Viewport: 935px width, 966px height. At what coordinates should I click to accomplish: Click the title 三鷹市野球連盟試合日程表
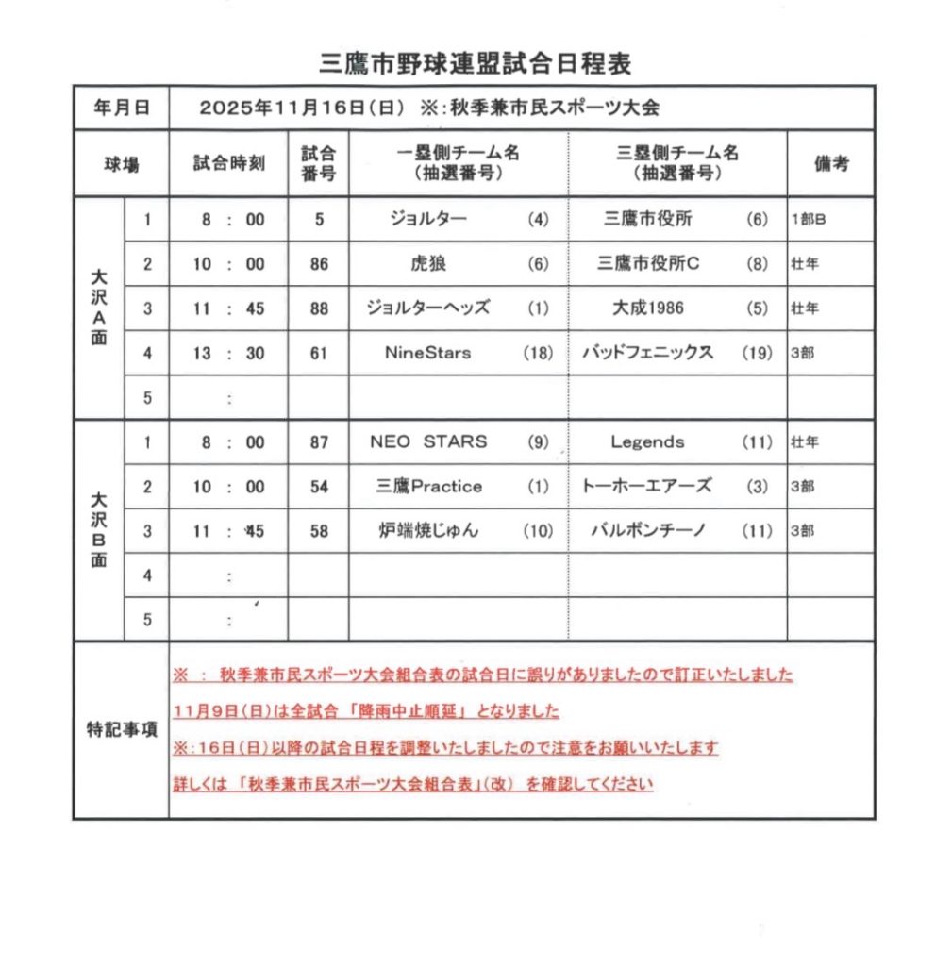pos(476,63)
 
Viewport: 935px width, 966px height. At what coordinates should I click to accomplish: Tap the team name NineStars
pos(427,353)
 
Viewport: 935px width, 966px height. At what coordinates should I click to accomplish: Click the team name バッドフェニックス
pos(647,353)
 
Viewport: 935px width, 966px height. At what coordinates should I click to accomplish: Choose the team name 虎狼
pos(427,264)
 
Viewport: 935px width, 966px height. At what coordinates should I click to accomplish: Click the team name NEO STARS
pos(429,441)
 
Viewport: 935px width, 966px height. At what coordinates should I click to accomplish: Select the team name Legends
pos(647,441)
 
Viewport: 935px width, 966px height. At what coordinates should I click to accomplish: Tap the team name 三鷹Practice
pos(428,487)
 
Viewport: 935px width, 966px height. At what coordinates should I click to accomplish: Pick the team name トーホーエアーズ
pos(647,487)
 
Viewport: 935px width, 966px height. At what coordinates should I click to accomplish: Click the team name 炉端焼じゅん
pos(428,531)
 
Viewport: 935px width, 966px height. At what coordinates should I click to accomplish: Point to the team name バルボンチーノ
pos(647,531)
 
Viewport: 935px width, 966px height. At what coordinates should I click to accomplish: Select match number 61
pos(319,353)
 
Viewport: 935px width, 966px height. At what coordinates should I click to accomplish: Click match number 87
pos(319,441)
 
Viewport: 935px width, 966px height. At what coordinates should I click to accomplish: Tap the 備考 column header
pos(831,163)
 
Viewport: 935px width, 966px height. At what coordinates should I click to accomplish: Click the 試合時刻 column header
pos(228,163)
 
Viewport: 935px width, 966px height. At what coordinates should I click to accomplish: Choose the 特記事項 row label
pos(121,729)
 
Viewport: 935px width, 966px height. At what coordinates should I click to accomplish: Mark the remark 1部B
pos(810,220)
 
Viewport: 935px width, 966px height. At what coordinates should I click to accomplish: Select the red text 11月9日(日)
pos(215,711)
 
